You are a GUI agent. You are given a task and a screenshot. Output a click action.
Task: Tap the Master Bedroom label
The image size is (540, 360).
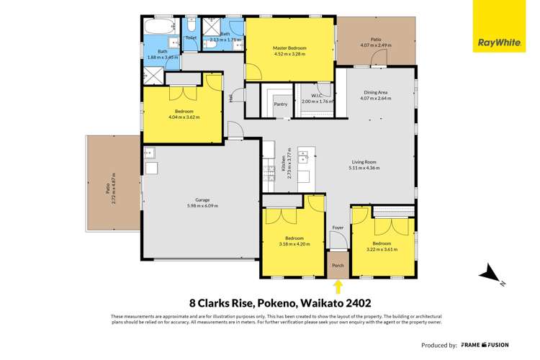point(289,48)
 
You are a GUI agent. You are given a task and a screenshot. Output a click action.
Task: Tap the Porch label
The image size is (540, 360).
point(337,265)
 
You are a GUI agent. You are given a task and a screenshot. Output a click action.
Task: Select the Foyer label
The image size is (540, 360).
point(337,228)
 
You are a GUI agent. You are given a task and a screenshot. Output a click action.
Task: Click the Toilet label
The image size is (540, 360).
point(191,37)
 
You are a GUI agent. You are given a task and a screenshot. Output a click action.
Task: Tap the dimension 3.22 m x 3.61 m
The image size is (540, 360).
point(382,249)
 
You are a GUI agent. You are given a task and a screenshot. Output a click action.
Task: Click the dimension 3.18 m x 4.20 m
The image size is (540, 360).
point(294,243)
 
